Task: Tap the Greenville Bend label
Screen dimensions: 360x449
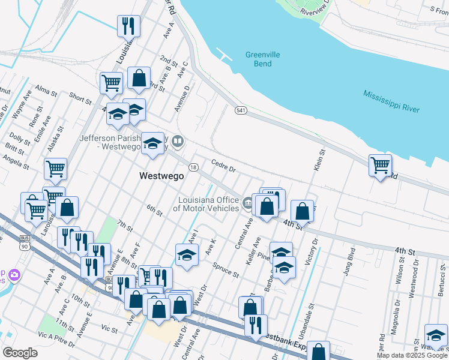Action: tap(262, 59)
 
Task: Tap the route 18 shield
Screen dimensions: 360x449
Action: tap(193, 167)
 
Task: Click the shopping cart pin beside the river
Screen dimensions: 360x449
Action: tap(381, 165)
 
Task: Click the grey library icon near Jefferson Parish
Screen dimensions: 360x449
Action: tap(178, 142)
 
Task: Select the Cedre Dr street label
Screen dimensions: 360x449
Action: tap(223, 166)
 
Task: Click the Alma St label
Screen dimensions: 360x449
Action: tap(46, 91)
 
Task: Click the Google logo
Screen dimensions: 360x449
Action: tap(20, 353)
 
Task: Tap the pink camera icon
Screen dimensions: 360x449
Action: tap(14, 275)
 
